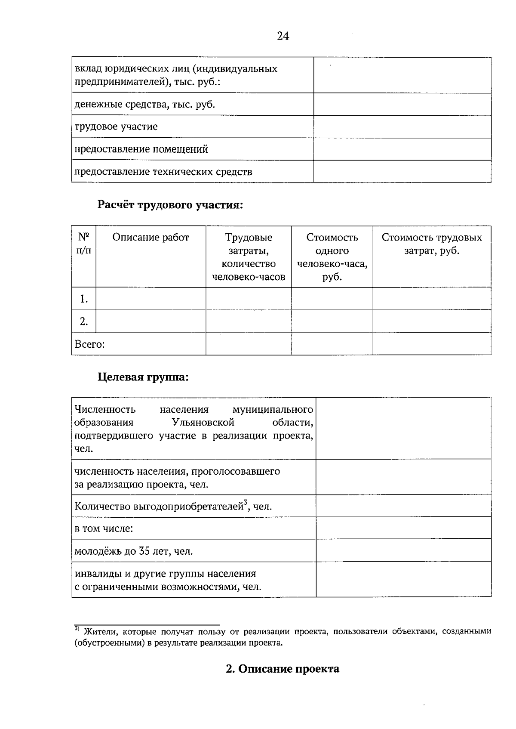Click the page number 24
(283, 36)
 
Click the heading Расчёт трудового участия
(170, 205)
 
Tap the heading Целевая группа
(143, 377)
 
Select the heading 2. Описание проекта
(283, 669)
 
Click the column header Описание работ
(150, 238)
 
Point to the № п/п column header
(84, 244)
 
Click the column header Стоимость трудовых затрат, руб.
(432, 244)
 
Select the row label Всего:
(90, 344)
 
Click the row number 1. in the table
(84, 299)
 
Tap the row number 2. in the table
(84, 321)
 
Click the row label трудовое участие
(116, 127)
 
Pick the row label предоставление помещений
(141, 149)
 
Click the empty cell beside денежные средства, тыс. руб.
(402, 104)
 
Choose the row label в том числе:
(104, 528)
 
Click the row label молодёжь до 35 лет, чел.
(134, 551)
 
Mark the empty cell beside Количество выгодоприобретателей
(403, 506)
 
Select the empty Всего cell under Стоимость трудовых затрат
(432, 344)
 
